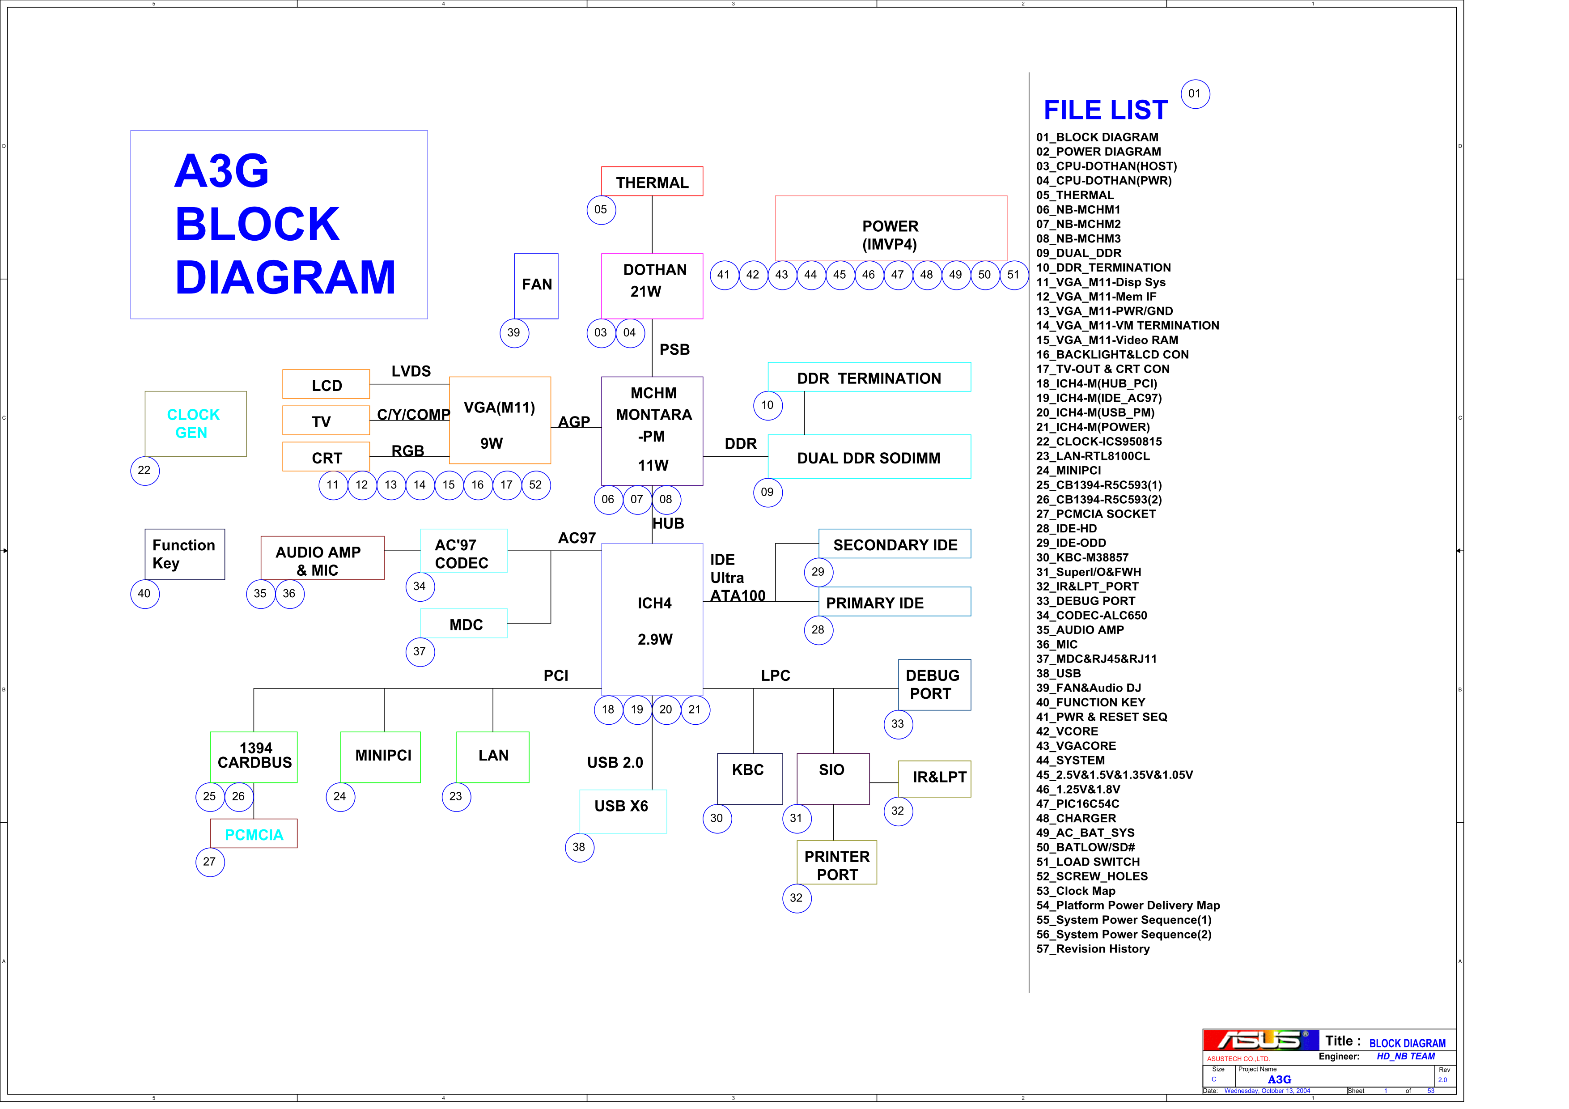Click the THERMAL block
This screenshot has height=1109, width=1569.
coord(652,181)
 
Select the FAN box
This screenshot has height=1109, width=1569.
coord(536,285)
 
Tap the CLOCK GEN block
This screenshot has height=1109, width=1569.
coord(195,424)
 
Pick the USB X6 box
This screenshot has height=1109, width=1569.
coord(623,811)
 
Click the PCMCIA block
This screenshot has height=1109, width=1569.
coord(254,833)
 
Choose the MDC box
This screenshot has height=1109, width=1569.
coord(464,623)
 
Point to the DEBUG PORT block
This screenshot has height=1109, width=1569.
coord(934,684)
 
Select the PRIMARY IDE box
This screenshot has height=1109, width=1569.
coord(895,601)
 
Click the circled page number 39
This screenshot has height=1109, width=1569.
coord(514,333)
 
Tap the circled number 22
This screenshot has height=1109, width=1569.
coord(145,471)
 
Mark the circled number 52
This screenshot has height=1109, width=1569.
coord(536,485)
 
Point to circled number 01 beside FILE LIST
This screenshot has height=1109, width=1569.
coord(1195,94)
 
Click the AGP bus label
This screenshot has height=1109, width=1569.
coord(574,421)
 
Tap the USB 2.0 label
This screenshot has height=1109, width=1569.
coord(615,763)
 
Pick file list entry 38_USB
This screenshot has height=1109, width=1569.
coord(1059,673)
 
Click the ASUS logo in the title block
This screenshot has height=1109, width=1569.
coord(1261,1040)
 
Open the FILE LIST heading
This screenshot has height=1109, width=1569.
coord(1106,110)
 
